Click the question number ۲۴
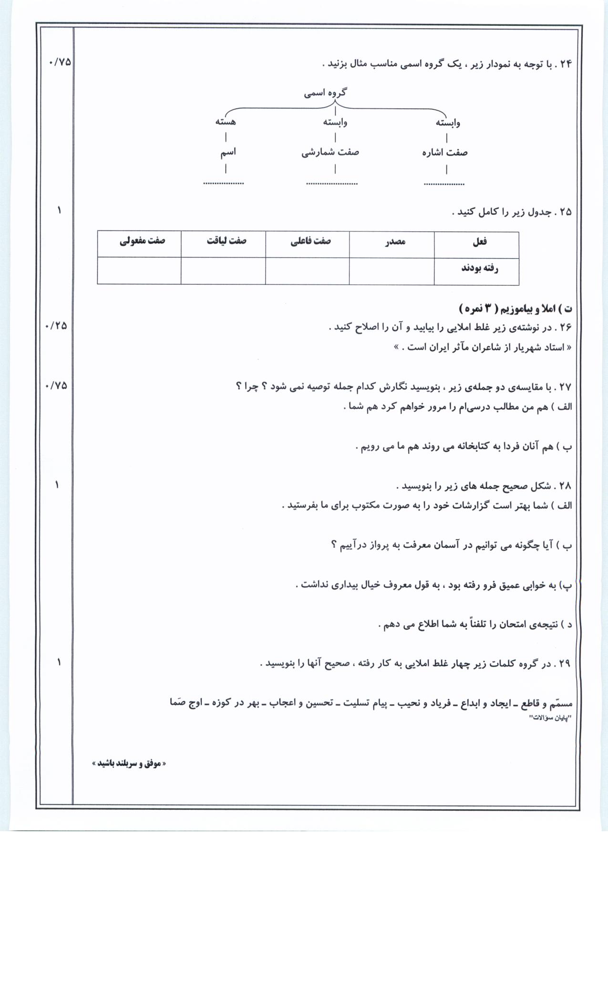click(565, 64)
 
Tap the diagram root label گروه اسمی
click(326, 93)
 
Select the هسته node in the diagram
click(226, 122)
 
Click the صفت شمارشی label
click(330, 152)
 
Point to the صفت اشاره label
click(445, 153)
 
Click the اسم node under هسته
click(227, 152)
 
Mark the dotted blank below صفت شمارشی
click(332, 183)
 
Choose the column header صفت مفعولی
click(142, 240)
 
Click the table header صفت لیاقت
click(227, 240)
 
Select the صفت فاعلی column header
click(311, 241)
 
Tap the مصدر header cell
click(395, 241)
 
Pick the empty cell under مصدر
click(392, 271)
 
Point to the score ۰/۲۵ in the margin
click(56, 326)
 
